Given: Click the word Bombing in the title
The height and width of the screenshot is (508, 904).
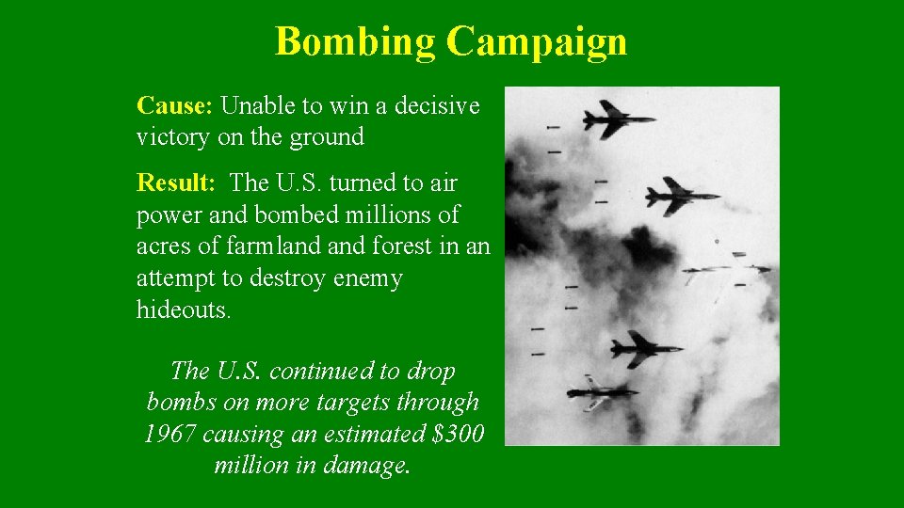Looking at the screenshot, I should (x=355, y=42).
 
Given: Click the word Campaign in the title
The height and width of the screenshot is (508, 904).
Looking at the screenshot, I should (x=537, y=42).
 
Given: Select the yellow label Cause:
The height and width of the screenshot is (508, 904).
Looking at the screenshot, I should (x=175, y=105).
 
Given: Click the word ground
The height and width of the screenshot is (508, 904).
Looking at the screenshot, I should (x=327, y=137).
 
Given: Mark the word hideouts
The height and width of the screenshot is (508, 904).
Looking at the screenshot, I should (x=183, y=310).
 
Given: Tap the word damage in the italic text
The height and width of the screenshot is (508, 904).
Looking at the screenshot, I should (x=367, y=466).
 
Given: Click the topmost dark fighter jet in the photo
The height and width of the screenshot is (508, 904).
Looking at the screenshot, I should (x=616, y=119).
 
